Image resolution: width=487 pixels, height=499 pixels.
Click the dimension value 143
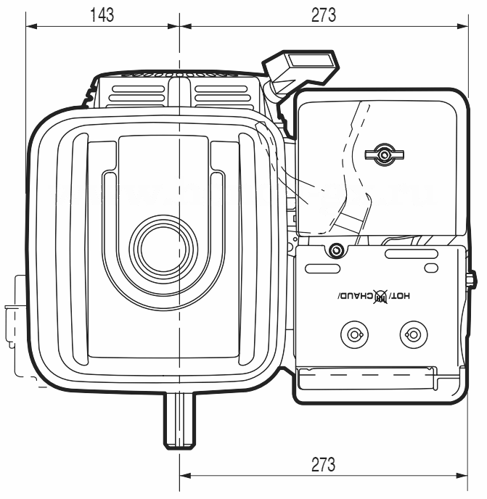pos(102,15)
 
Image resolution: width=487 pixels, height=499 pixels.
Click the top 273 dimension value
pos(323,15)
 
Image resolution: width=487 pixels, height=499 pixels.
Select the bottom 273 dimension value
pos(323,464)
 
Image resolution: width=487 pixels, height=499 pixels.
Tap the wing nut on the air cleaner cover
pos(384,155)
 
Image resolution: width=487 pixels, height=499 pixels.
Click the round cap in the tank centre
pos(163,248)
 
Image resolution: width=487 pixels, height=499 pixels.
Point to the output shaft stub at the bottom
pos(180,420)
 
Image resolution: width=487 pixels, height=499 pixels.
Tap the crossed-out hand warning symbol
pos(381,297)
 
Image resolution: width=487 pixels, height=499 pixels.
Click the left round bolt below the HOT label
pos(354,335)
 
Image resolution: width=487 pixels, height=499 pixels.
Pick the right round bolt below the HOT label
pos(414,335)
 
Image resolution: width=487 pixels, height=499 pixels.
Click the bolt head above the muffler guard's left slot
pos(336,249)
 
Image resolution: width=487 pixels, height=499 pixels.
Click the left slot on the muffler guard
pos(323,268)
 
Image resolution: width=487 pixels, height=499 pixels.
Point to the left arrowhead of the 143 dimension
pos(31,26)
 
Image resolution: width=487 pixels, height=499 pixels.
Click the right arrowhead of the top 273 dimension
pos(463,26)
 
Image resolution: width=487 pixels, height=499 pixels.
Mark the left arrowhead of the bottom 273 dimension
pos(185,476)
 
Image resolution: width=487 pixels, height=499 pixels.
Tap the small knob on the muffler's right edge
pos(472,279)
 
